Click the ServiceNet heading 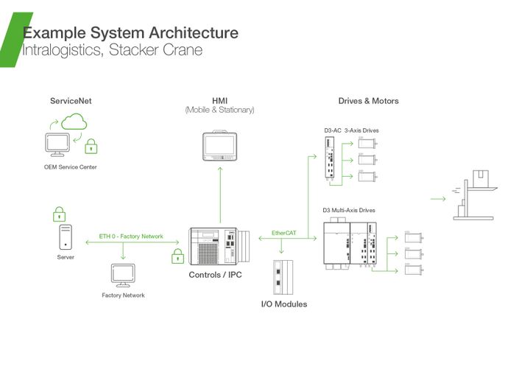tap(71, 100)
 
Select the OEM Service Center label tap(70, 167)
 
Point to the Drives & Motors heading tap(368, 100)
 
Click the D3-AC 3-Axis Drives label tap(351, 130)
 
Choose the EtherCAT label tap(284, 234)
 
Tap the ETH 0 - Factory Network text tap(131, 236)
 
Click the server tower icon tap(66, 237)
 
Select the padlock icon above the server tap(60, 215)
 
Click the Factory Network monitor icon tap(122, 276)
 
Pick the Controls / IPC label tap(216, 276)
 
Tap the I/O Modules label tap(284, 304)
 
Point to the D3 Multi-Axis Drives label tap(349, 210)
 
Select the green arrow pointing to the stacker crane tap(438, 198)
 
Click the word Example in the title tap(54, 33)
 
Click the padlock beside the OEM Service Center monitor tap(91, 146)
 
